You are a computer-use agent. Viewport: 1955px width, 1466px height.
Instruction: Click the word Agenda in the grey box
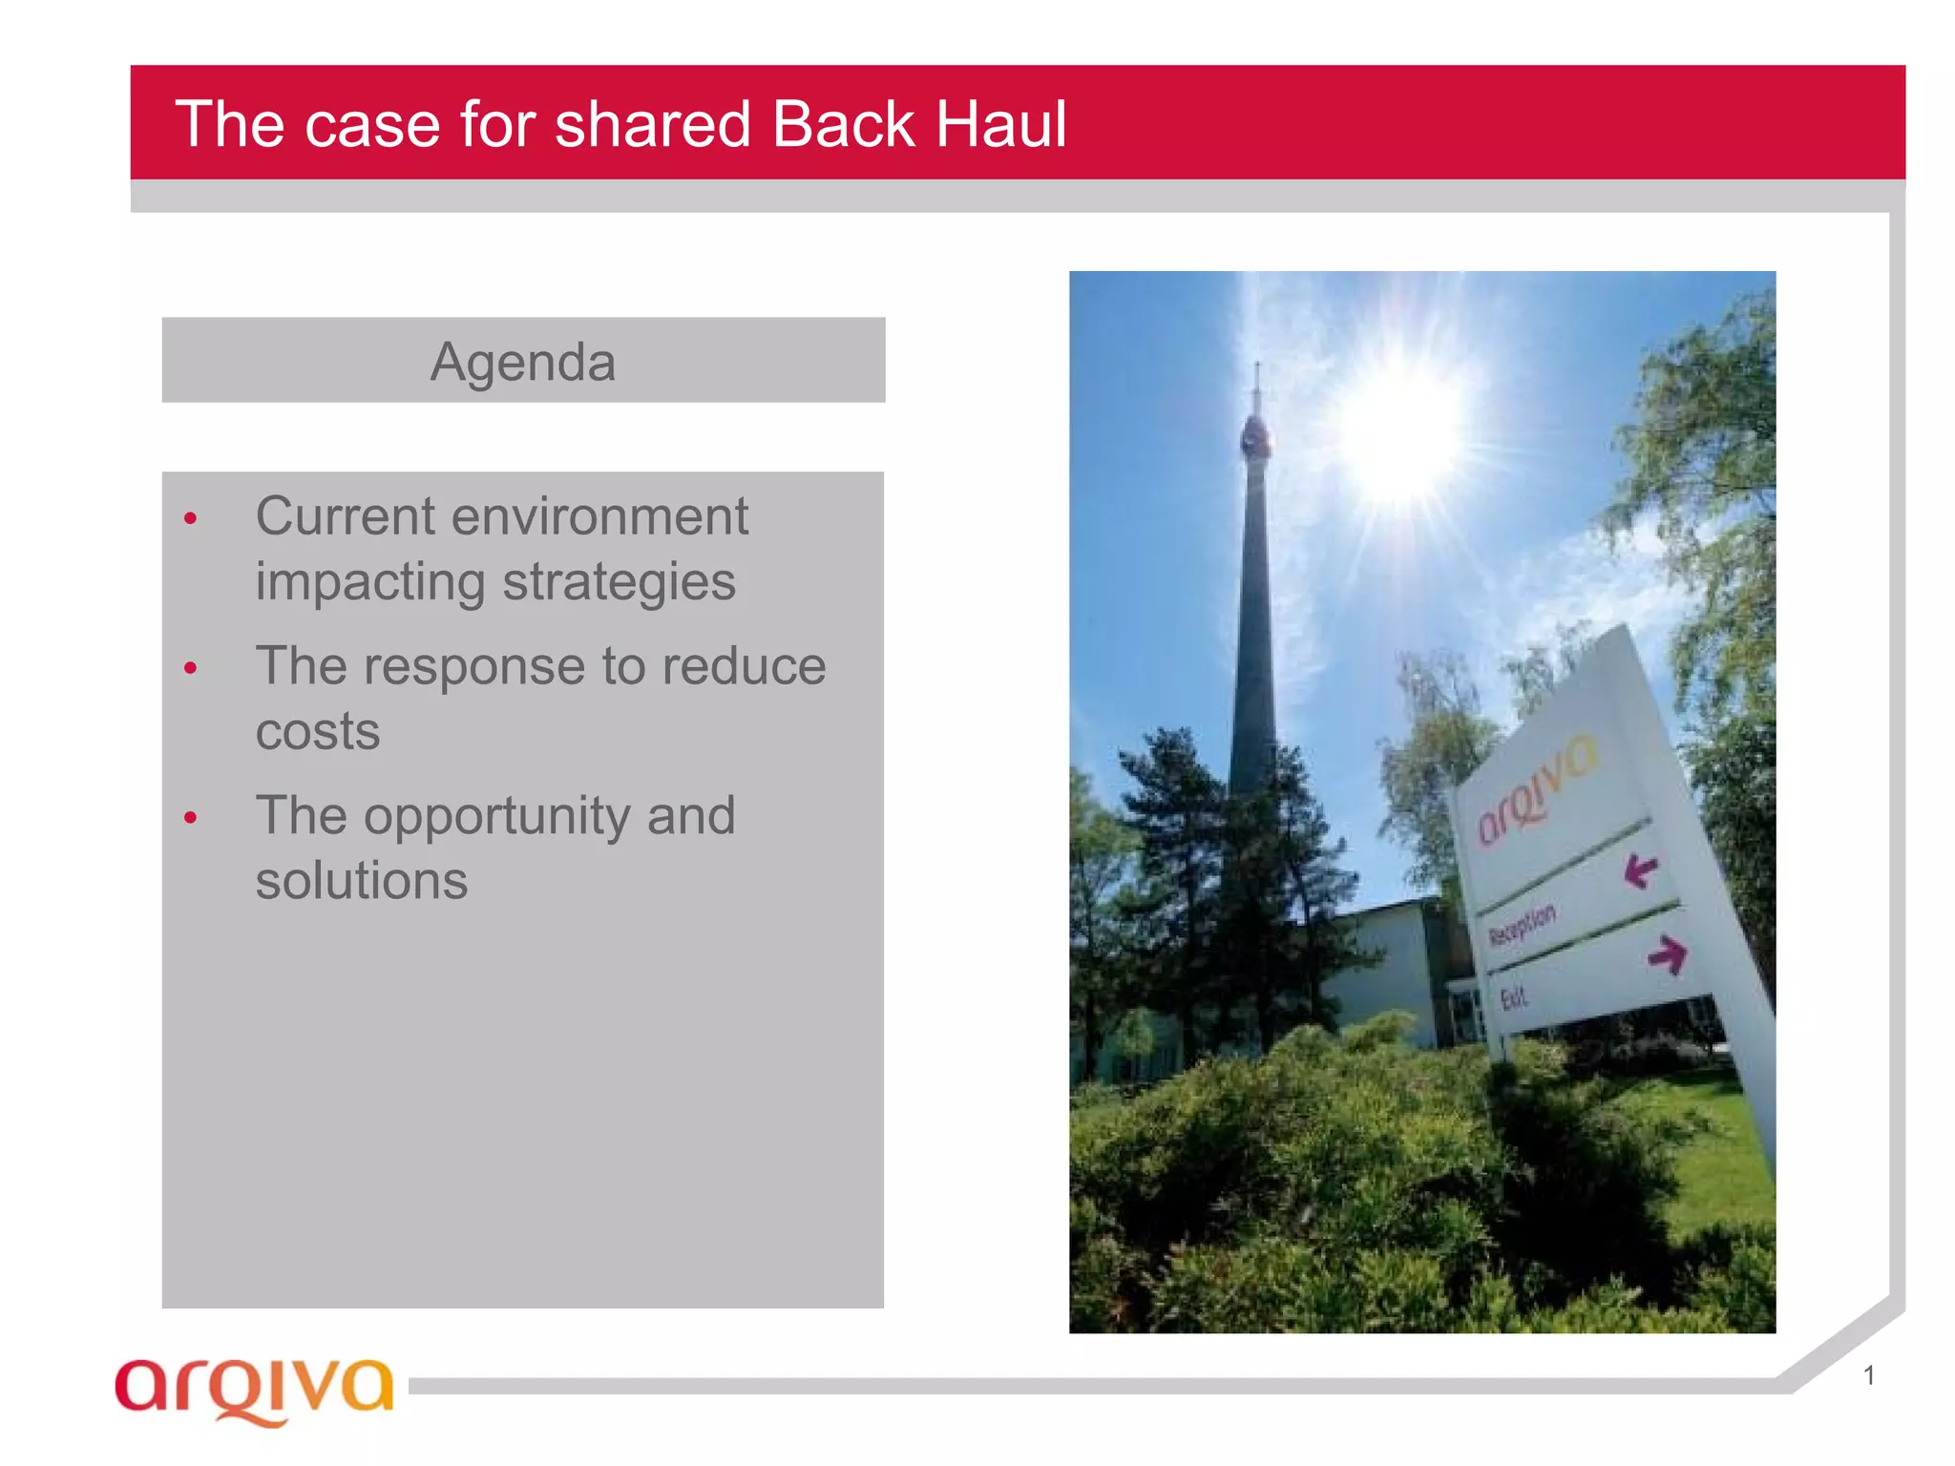click(523, 363)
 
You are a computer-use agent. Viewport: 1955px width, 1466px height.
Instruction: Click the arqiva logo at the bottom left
click(254, 1389)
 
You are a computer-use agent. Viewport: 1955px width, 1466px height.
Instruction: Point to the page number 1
click(1868, 1375)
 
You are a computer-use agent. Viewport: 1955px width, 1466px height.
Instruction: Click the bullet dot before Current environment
click(191, 519)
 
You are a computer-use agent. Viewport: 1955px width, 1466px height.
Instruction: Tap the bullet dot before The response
click(191, 668)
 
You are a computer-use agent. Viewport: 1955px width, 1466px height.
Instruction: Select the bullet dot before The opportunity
click(191, 818)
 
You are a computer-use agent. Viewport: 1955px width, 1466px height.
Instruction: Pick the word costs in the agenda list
click(318, 732)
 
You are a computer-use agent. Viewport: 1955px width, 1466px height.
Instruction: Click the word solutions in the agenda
click(362, 880)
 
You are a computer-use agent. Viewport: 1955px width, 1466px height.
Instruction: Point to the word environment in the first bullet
click(599, 517)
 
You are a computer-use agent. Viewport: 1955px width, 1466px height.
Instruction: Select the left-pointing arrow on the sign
click(1641, 869)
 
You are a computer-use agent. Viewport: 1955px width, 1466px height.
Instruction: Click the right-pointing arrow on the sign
click(1667, 953)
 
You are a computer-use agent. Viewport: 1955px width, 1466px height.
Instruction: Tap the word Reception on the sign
click(1523, 924)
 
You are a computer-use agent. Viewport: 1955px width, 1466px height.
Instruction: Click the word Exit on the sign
click(1513, 998)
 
